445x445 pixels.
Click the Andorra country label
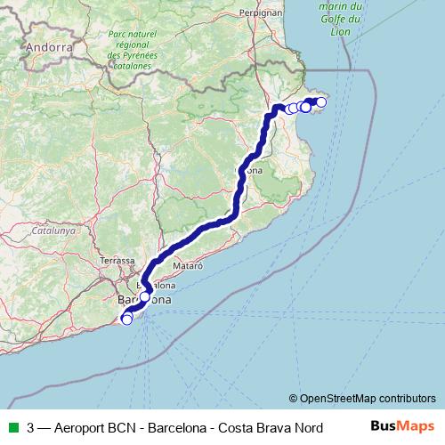(x=49, y=46)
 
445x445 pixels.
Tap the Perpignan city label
(x=261, y=13)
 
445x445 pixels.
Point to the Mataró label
(x=188, y=265)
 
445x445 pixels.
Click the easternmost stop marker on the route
(x=321, y=102)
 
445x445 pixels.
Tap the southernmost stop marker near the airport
(x=126, y=320)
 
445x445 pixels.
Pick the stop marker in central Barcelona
(x=145, y=296)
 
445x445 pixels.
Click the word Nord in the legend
(x=305, y=427)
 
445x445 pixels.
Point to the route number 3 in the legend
(x=31, y=427)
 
